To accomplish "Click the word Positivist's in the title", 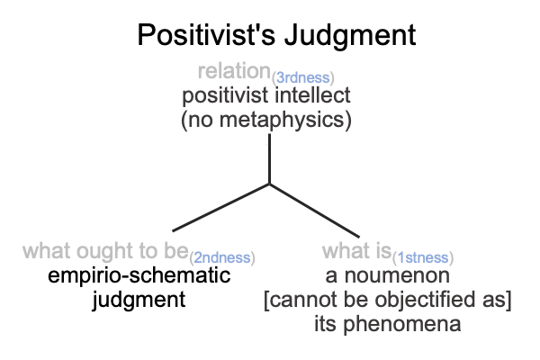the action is click(206, 34).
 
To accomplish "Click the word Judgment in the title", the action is click(350, 36).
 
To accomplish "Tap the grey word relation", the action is click(234, 71).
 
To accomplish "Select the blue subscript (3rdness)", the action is click(302, 78).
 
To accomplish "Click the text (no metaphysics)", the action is click(266, 120).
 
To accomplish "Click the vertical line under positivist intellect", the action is click(269, 158).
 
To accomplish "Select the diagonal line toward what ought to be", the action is click(220, 208).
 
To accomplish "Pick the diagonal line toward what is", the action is click(314, 211).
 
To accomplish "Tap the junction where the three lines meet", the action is click(269, 184).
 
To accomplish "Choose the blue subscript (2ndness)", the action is click(222, 257).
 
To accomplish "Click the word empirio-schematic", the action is click(139, 275).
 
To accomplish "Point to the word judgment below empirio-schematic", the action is click(139, 300).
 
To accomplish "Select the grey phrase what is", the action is click(356, 250).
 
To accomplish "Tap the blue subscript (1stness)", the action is click(423, 257).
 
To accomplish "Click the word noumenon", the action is click(397, 276).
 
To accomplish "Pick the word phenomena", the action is click(402, 324).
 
